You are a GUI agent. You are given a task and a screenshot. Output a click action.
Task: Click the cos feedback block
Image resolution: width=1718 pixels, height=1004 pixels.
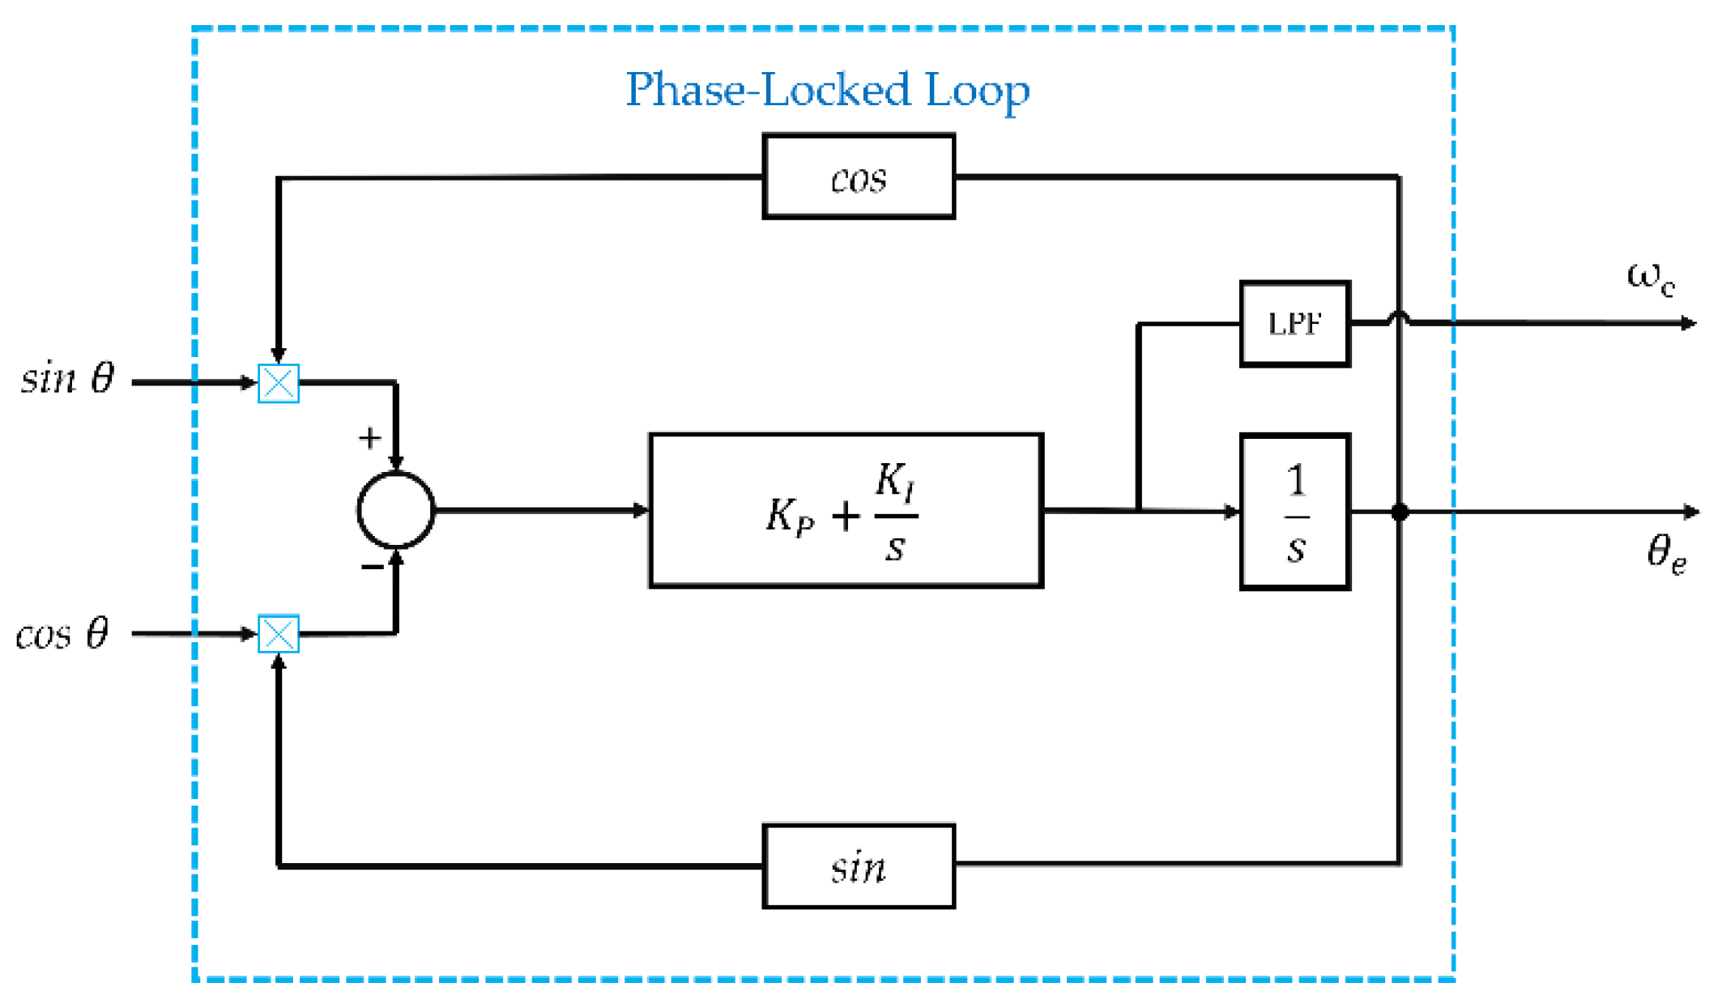(859, 177)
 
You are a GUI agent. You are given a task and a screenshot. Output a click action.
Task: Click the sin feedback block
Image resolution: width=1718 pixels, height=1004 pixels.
(859, 866)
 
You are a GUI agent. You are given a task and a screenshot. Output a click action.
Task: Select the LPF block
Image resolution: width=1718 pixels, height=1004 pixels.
(1294, 324)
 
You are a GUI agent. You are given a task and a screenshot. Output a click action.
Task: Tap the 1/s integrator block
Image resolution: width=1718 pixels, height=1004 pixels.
(1294, 512)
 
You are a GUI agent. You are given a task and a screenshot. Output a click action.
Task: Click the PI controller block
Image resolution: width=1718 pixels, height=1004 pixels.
(846, 511)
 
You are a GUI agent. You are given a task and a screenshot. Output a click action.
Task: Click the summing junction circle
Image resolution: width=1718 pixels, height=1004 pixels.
(396, 510)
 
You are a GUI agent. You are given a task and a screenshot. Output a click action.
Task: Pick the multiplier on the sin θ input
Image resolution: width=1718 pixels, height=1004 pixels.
(279, 383)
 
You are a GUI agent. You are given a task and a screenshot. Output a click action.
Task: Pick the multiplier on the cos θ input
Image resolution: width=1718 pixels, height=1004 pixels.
(279, 634)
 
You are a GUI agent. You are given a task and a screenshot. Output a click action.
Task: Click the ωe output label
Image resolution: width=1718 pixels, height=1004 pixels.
(1650, 278)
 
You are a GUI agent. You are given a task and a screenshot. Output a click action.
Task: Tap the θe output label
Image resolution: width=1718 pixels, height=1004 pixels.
(1666, 555)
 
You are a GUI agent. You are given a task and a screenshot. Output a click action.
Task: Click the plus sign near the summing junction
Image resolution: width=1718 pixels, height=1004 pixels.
(370, 438)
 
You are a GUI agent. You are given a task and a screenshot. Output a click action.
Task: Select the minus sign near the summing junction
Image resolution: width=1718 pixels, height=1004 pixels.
(372, 567)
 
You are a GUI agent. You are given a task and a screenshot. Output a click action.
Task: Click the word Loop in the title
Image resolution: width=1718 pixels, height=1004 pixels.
(977, 91)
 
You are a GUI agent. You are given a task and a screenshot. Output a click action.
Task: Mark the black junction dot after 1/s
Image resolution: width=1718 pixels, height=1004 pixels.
(1400, 512)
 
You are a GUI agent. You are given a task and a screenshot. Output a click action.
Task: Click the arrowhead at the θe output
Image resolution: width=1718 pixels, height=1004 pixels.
(1691, 512)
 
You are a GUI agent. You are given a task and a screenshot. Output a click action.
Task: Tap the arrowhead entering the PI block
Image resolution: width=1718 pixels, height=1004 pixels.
(642, 510)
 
